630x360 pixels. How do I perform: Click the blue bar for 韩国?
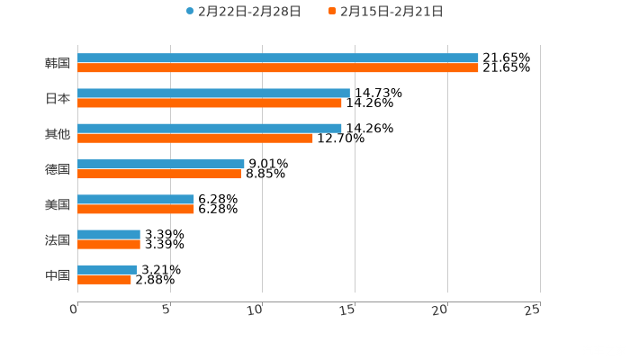point(277,58)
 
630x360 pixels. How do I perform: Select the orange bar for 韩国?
point(277,68)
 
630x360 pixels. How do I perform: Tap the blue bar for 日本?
point(213,93)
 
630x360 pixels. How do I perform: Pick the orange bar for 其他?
point(195,138)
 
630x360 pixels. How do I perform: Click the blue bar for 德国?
point(161,164)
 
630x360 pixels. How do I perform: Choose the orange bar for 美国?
point(136,209)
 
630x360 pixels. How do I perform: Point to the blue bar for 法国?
point(109,234)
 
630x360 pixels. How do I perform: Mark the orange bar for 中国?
point(104,279)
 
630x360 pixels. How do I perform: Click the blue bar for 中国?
point(107,269)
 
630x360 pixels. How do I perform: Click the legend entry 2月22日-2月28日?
point(243,12)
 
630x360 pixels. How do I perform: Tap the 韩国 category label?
point(57,63)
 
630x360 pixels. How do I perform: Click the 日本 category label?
point(57,98)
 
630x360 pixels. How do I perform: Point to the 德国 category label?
point(57,169)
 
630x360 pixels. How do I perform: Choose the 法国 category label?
point(57,239)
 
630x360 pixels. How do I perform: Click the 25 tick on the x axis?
point(533,309)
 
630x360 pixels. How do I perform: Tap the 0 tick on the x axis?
point(75,309)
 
